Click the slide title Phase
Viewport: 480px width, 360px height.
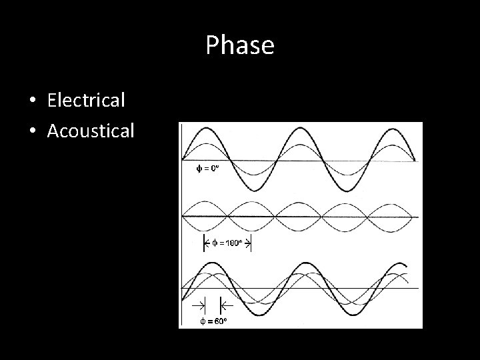[240, 45]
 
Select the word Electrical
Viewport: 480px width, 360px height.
[86, 101]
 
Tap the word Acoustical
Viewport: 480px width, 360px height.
[91, 130]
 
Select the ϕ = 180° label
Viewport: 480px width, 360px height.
[227, 243]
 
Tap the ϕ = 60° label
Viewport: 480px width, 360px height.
[214, 321]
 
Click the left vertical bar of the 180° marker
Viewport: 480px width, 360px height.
[203, 243]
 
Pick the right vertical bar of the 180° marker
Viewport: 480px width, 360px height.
[251, 243]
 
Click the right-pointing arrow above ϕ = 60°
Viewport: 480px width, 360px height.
[199, 306]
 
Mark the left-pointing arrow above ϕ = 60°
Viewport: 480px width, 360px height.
[227, 306]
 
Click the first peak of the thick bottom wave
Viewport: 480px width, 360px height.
[213, 263]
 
